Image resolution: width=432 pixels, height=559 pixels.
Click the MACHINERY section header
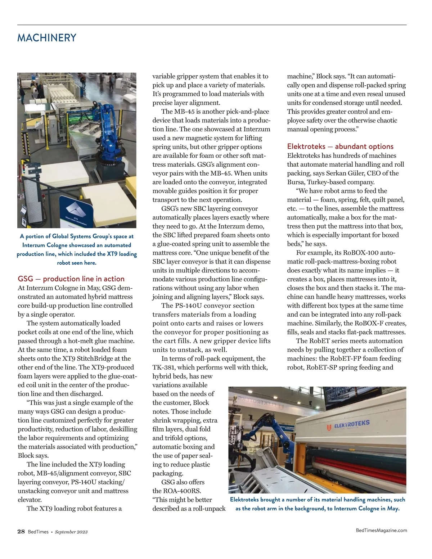(47, 38)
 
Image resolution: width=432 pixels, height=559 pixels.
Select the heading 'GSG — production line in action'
(71, 279)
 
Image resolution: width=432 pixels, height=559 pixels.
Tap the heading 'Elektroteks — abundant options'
(340, 146)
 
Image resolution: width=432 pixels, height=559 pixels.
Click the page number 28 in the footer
(21, 531)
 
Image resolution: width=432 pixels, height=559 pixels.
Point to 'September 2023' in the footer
(71, 532)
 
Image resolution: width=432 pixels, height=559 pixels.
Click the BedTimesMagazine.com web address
(381, 530)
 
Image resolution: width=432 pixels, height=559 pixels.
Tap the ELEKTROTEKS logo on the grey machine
(348, 425)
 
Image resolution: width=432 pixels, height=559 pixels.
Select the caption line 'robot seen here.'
(77, 263)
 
